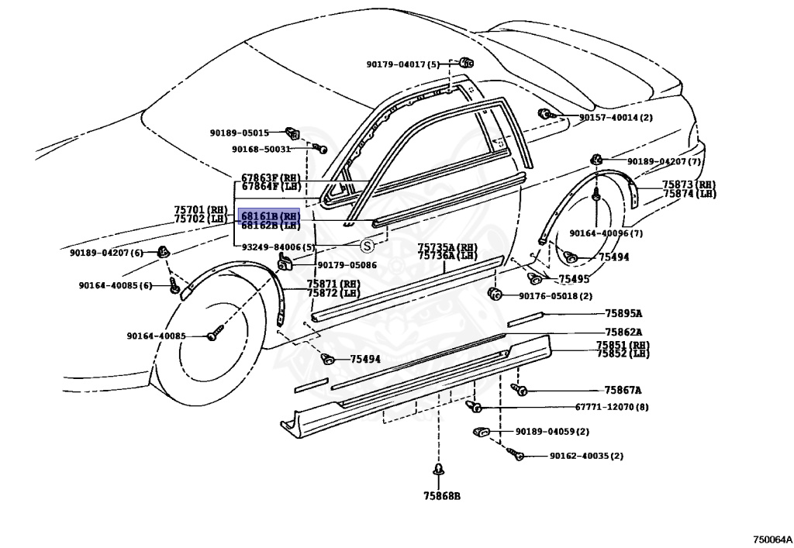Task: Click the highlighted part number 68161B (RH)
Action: coord(268,215)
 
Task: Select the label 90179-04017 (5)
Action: coord(403,64)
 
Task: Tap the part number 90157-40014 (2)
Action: coord(616,118)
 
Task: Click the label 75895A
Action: coord(623,314)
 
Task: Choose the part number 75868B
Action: coord(441,496)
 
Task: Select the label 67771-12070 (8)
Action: coord(578,407)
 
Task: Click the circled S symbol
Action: coord(368,246)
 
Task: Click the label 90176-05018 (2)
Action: coord(555,295)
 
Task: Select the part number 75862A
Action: coord(623,332)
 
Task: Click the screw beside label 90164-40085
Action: coord(216,336)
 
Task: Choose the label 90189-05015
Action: coord(239,133)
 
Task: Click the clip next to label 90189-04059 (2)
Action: coord(480,432)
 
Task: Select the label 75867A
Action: coord(623,391)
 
